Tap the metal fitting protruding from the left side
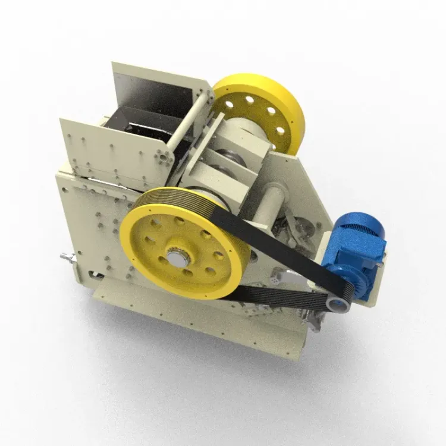67,258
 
